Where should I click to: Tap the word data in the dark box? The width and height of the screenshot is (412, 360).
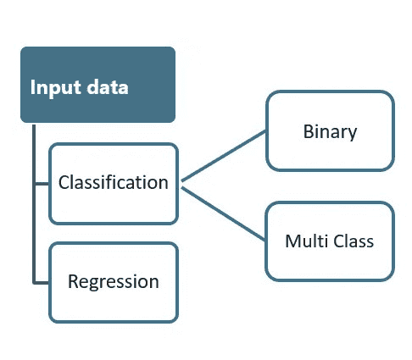[x=104, y=87]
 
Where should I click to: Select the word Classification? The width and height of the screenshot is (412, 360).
[x=113, y=182]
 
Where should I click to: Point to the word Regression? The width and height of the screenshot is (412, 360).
[x=113, y=281]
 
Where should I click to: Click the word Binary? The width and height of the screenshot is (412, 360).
[x=330, y=132]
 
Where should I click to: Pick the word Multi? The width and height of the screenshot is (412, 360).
[x=303, y=241]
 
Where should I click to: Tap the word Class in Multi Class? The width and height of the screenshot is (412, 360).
[x=353, y=241]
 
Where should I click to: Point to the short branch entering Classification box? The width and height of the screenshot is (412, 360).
[x=41, y=182]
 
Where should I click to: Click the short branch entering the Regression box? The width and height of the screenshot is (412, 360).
[x=41, y=281]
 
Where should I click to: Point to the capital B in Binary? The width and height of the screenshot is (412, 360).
[x=308, y=132]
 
